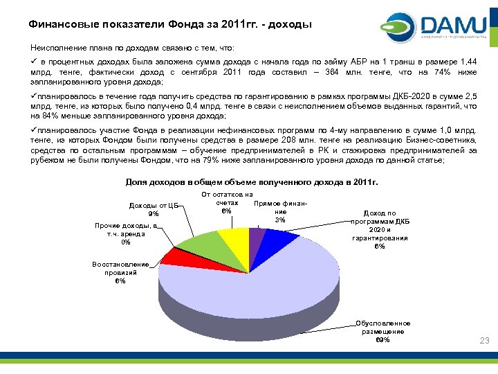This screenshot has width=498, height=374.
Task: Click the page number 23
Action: (484, 340)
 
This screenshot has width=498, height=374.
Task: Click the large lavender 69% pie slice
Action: (263, 284)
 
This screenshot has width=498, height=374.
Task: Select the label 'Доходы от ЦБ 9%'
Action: (153, 209)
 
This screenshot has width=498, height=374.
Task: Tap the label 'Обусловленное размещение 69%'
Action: (382, 331)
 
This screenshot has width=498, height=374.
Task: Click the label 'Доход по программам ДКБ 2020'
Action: (379, 229)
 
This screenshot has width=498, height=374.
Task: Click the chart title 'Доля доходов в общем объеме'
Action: (252, 182)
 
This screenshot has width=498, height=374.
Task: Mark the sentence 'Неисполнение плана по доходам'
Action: (132, 48)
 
